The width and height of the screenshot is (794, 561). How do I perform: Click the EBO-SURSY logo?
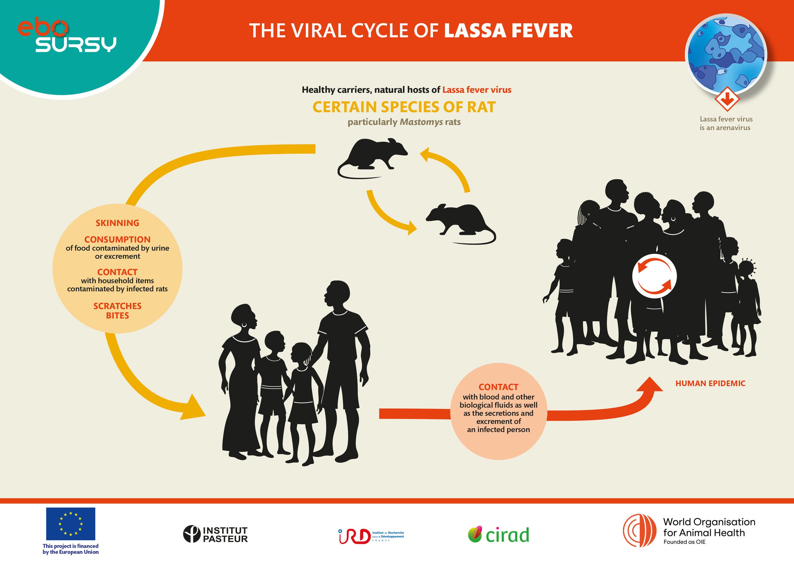point(67,36)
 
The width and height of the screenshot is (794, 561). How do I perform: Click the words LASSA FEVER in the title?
point(508,30)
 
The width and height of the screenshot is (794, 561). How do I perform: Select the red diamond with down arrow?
point(727,99)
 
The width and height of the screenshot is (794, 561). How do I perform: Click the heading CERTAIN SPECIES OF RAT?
point(404,107)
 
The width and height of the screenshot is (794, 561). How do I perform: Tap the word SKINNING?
point(118,223)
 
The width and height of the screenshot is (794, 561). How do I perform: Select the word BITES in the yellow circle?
point(118,316)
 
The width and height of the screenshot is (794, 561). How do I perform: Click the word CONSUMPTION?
point(118,240)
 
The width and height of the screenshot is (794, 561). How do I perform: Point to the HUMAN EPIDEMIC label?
point(710,383)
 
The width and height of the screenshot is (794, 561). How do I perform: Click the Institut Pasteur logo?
point(216,534)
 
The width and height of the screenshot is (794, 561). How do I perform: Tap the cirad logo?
point(499,535)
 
